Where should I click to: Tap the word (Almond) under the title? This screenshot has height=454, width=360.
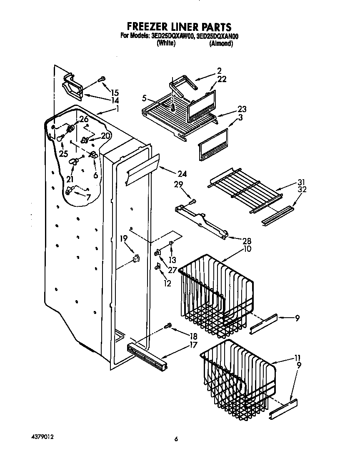pos(221,43)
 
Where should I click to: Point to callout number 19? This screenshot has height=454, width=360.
pos(124,238)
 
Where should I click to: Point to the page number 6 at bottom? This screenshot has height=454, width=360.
pos(176,439)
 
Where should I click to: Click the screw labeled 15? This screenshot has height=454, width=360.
pos(102,79)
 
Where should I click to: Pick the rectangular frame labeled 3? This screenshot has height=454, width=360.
pos(213,144)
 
